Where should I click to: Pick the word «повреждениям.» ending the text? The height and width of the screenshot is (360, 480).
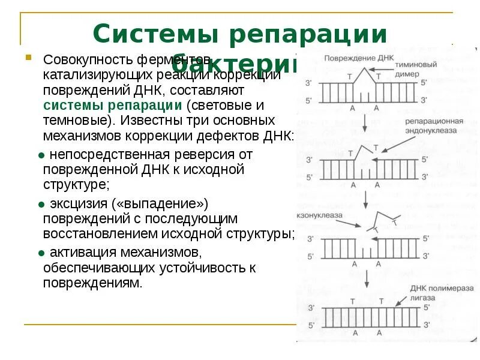[92, 282]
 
